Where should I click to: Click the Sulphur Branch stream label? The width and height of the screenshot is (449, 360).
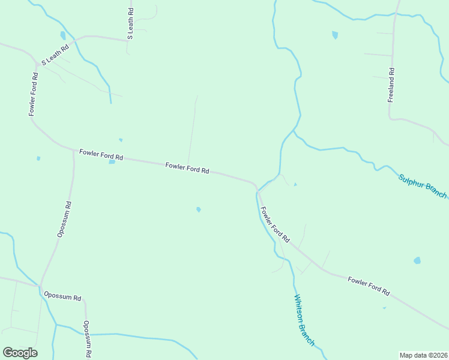pos(423,186)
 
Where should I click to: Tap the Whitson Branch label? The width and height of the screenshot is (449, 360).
pos(303,320)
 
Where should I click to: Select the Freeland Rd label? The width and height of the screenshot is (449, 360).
pos(391,85)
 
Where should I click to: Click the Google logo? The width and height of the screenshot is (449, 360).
pos(20,353)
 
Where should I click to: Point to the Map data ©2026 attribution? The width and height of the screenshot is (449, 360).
pos(423,355)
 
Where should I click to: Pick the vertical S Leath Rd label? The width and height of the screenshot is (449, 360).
pos(130,24)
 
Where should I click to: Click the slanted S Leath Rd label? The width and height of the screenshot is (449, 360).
pos(55,55)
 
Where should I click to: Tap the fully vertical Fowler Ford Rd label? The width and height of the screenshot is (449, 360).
pos(33,94)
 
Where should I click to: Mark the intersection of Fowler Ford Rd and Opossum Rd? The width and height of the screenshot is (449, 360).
pos(74,150)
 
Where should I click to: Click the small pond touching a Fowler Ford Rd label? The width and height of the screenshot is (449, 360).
pos(112,161)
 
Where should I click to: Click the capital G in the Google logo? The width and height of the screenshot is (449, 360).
pos(8,352)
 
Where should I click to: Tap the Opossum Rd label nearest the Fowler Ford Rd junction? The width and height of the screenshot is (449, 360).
pos(65,220)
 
